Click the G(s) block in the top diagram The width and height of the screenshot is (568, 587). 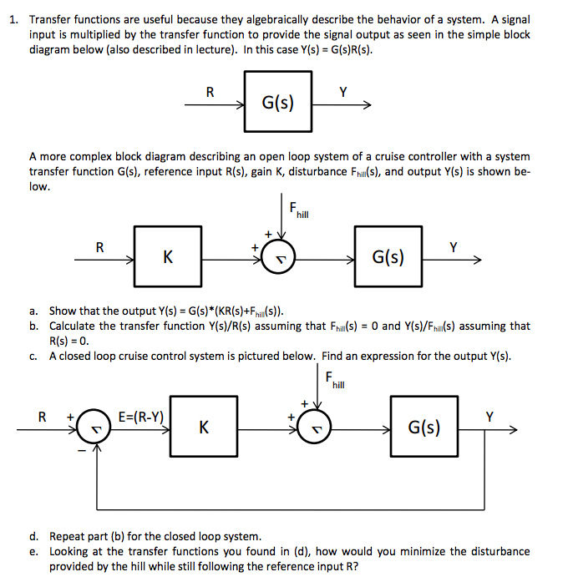pos(277,103)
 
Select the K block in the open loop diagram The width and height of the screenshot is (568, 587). pos(168,257)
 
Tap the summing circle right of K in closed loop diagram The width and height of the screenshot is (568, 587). pos(315,429)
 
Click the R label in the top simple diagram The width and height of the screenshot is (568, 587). pos(210,92)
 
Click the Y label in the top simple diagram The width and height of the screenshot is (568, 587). pos(342,92)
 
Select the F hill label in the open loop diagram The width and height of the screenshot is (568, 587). pos(297,210)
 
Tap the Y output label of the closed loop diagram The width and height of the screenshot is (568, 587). pos(490,416)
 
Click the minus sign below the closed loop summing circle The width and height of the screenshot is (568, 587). pos(81,451)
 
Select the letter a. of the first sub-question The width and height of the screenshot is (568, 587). pos(33,311)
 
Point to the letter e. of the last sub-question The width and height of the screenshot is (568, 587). pos(33,551)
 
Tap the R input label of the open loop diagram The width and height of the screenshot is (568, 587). pos(100,247)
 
